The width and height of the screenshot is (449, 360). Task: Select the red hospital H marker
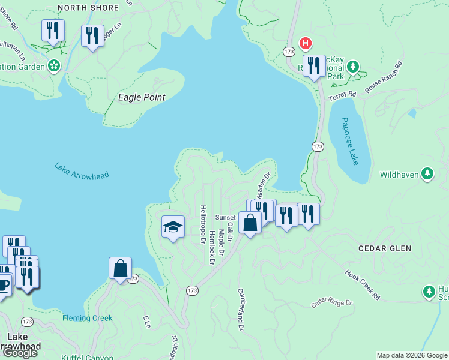(x=306, y=43)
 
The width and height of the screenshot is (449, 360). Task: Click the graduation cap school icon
(x=173, y=227)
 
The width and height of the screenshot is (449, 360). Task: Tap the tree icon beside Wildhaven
(x=427, y=174)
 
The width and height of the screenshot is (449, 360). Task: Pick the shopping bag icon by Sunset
(x=249, y=223)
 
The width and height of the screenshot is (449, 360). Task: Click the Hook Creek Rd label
(x=363, y=284)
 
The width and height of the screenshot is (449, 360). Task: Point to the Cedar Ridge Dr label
(x=331, y=301)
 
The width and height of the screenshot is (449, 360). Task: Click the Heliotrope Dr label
(x=203, y=223)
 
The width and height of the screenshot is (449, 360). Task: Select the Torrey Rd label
(x=343, y=95)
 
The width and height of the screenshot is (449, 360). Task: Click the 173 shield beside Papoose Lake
(x=318, y=146)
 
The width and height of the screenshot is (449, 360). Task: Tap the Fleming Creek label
(x=88, y=318)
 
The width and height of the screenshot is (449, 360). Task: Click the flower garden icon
(x=54, y=65)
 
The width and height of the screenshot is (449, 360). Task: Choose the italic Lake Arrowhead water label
(x=81, y=172)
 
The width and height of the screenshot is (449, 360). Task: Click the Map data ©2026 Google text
(x=412, y=355)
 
